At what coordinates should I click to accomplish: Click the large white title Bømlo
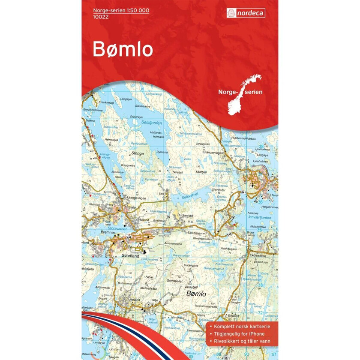(123, 50)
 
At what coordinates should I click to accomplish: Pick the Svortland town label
(130, 255)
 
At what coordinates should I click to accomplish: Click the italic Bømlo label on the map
(197, 294)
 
